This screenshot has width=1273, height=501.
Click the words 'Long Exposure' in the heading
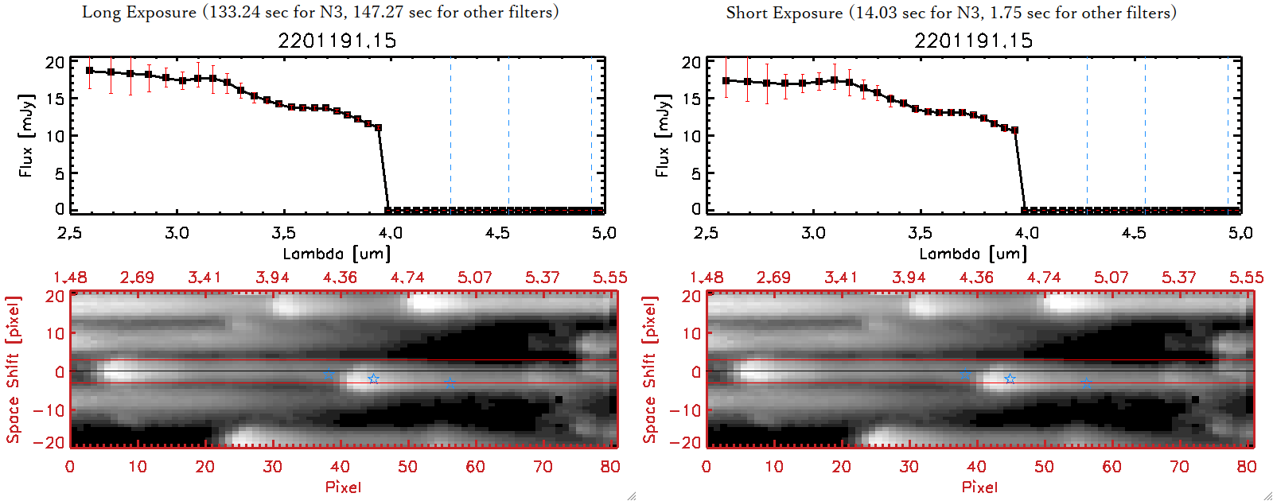point(139,12)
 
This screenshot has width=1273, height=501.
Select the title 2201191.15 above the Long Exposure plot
point(337,41)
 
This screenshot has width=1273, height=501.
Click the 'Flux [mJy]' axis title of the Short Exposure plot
point(662,135)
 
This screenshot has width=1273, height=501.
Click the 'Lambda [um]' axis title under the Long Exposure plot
point(337,254)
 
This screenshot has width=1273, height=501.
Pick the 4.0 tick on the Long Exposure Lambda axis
point(390,233)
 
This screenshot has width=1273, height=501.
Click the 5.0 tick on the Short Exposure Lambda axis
point(1240,233)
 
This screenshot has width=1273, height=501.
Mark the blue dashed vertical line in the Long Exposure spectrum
point(450,135)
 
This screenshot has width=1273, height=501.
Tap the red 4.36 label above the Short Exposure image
point(976,278)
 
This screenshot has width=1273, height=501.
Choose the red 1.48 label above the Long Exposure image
point(70,278)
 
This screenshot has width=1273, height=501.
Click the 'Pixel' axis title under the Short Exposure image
point(979,487)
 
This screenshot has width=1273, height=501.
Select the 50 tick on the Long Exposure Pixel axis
point(407,467)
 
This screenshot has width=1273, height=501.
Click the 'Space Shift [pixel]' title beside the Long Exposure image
point(14,370)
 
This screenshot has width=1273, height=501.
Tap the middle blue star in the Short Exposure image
point(1010,379)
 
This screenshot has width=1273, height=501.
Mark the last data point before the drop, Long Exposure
point(378,127)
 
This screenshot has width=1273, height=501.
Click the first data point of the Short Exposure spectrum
point(726,81)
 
